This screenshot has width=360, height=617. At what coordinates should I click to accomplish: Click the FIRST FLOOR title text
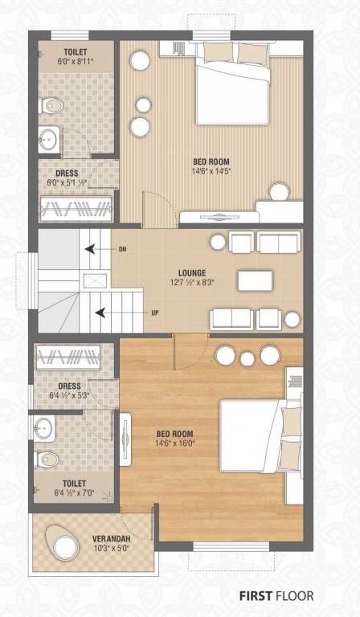pyautogui.click(x=276, y=596)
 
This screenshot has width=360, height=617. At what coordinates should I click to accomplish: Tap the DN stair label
pyautogui.click(x=122, y=249)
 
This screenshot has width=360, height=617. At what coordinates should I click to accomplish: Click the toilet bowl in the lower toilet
pyautogui.click(x=48, y=459)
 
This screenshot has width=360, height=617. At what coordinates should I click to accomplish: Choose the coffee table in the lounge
pyautogui.click(x=255, y=280)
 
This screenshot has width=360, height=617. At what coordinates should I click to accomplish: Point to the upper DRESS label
pyautogui.click(x=67, y=173)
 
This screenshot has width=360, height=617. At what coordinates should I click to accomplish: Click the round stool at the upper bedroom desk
pyautogui.click(x=279, y=191)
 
